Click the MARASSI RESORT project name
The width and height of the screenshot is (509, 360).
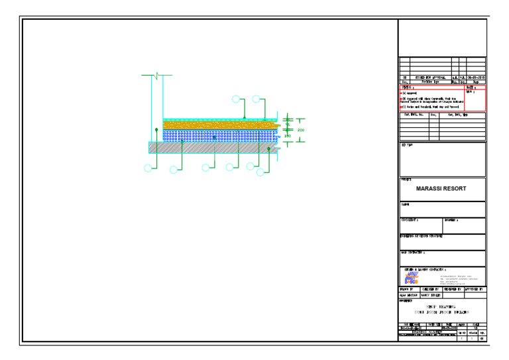pos(441,188)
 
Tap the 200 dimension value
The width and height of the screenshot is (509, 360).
pos(300,130)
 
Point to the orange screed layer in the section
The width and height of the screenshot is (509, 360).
pos(219,124)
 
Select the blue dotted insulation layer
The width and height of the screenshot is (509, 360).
pos(219,135)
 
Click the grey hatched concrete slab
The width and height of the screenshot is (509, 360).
pos(212,148)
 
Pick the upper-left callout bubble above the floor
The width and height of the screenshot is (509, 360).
pos(237,100)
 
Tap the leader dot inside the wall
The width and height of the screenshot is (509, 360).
pos(156,130)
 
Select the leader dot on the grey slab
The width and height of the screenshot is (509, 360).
pos(268,149)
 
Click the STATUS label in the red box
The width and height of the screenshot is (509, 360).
pos(407,88)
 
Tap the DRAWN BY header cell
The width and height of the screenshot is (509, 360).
pos(408,290)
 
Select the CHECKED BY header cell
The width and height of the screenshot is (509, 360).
pos(430,290)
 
